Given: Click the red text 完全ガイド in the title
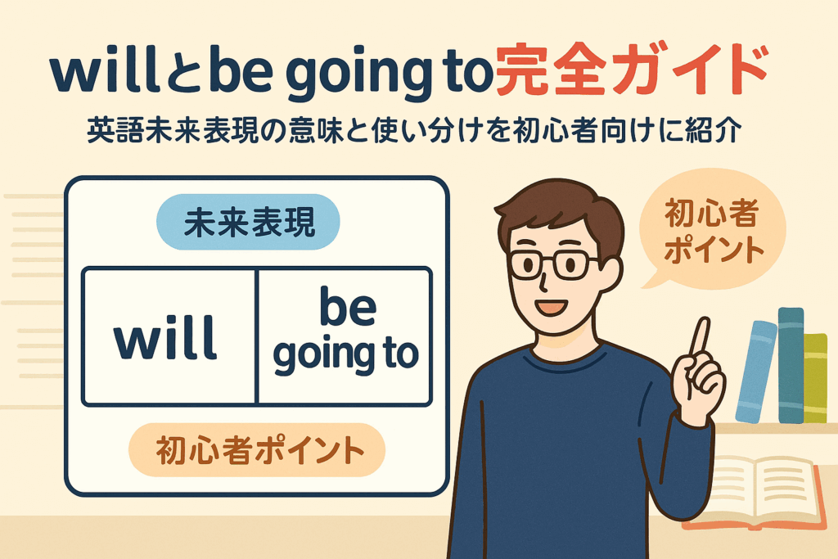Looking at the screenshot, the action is tap(633, 70).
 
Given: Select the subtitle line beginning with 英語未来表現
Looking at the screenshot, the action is tap(414, 130).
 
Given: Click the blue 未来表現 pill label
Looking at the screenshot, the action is tap(248, 222).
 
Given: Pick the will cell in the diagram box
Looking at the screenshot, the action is tap(169, 336).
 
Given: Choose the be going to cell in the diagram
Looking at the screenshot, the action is tap(345, 336).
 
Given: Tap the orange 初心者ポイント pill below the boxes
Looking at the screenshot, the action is tap(257, 450).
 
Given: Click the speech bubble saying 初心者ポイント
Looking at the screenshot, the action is tap(713, 230).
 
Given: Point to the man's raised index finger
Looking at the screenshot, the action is tap(701, 336).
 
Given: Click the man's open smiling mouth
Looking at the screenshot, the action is tap(552, 308).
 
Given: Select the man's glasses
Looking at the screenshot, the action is tap(554, 264).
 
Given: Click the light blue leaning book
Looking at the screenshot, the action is tap(755, 372).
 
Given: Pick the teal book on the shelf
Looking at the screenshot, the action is tap(791, 365).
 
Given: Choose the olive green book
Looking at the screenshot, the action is tap(816, 377).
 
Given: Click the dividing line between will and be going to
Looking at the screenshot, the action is tap(257, 336).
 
